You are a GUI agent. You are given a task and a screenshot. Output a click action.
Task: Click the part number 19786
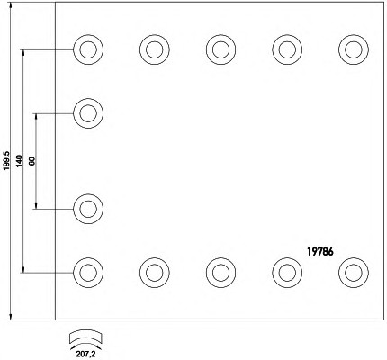[320, 252]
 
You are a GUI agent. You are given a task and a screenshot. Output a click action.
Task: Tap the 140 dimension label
[19, 161]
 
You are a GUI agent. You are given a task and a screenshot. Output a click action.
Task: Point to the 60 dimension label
[32, 161]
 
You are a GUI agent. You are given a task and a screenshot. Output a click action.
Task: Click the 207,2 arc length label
[85, 355]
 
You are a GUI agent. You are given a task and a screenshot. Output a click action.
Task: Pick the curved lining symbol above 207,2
[85, 337]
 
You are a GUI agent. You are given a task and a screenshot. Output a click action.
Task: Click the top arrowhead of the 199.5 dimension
[11, 5]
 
